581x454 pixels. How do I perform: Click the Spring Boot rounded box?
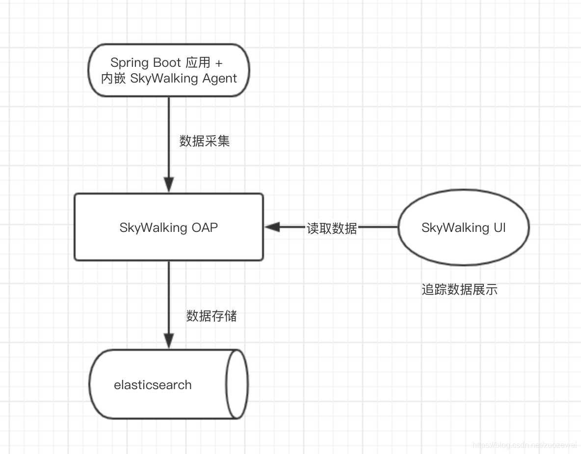(169, 70)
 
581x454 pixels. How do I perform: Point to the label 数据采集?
(205, 142)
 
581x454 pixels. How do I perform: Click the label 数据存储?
(211, 316)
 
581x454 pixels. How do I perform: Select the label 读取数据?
(332, 228)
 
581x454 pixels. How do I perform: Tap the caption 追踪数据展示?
(459, 290)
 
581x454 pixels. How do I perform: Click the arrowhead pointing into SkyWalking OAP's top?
(169, 185)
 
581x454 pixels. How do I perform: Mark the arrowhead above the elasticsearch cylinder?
(169, 340)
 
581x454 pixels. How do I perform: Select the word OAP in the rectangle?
(205, 228)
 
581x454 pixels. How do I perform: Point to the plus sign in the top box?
(219, 63)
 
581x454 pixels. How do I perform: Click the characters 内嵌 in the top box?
(113, 79)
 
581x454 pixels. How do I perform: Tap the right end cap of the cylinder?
(237, 384)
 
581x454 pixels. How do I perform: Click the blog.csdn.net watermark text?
(523, 445)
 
